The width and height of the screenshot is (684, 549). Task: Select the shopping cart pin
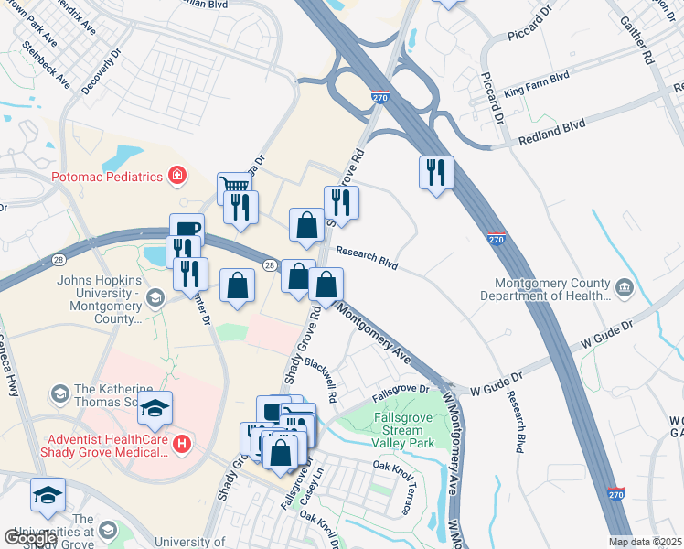[x=234, y=188]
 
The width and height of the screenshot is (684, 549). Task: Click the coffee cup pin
[x=187, y=230]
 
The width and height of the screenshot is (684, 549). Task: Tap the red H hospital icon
[x=182, y=445]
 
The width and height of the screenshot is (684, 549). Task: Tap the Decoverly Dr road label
[x=101, y=72]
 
